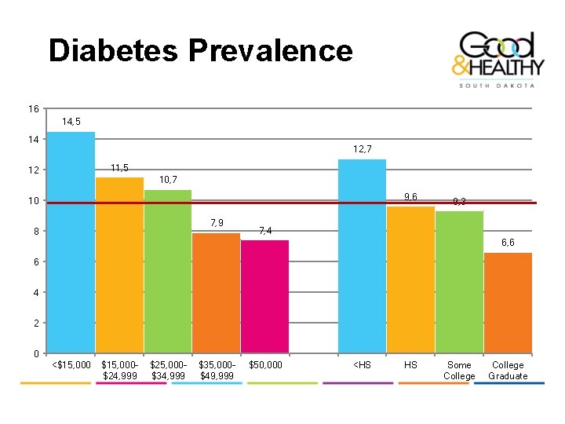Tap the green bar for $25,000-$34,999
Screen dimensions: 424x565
tap(168, 271)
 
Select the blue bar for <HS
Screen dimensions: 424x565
tap(362, 256)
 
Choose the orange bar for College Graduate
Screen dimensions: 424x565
tap(508, 303)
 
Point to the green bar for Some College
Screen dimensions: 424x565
tap(459, 282)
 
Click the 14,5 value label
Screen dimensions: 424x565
tap(71, 122)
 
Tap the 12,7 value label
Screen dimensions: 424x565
tap(363, 148)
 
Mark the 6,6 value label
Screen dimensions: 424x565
tap(508, 243)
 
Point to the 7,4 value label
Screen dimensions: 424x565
tap(265, 230)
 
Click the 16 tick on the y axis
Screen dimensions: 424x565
tap(34, 108)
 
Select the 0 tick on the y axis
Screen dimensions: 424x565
tap(36, 354)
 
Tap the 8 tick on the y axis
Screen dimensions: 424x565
tap(36, 232)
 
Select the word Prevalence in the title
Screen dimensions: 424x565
tap(270, 51)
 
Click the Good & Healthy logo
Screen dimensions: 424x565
tap(495, 59)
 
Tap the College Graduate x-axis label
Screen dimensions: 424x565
tap(508, 371)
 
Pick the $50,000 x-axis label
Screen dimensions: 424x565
tap(265, 365)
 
